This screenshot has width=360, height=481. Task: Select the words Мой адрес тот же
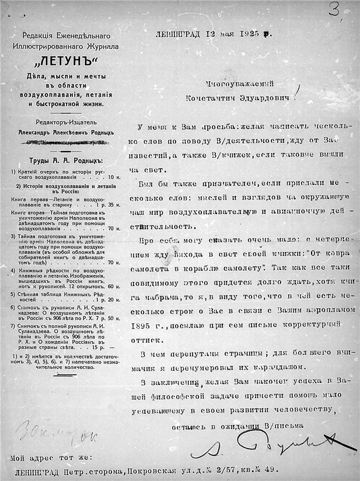tap(50, 456)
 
